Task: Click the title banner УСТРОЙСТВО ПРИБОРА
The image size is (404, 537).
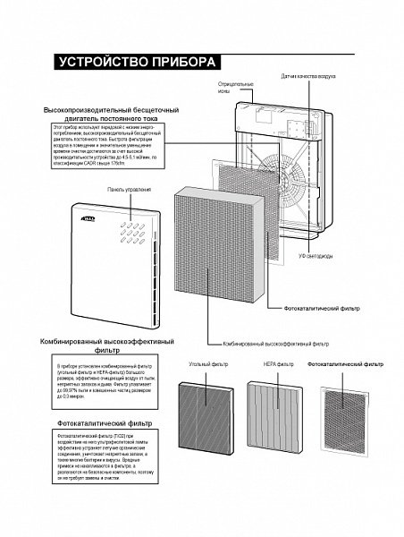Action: (x=136, y=63)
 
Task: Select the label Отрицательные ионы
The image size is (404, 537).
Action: (x=231, y=88)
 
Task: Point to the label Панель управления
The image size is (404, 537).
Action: (x=129, y=190)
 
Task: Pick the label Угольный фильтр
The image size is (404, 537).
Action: (x=205, y=365)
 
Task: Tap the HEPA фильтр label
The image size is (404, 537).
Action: (x=278, y=365)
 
